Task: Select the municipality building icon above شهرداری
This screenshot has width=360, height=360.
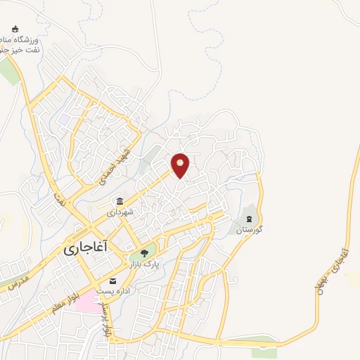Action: tap(120, 202)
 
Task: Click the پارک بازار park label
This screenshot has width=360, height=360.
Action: tap(143, 264)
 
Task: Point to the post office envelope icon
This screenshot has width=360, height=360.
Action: tap(112, 281)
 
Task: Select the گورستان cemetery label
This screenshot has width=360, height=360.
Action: tap(249, 230)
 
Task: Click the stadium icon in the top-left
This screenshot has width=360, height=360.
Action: tap(15, 30)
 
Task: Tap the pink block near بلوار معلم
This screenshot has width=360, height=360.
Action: tap(87, 304)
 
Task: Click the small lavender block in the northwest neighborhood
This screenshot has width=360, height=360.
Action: tap(65, 120)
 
